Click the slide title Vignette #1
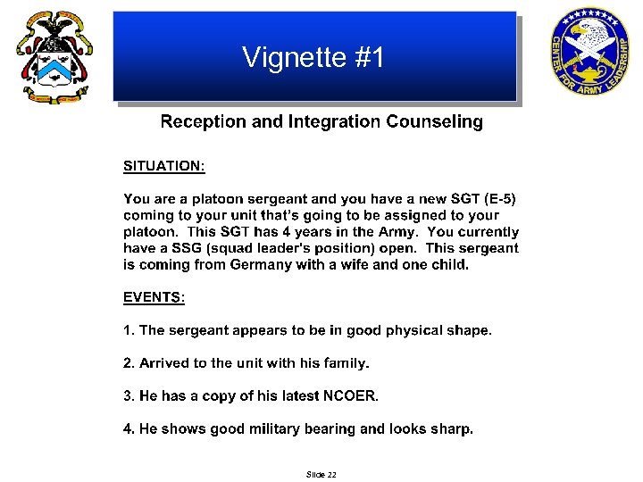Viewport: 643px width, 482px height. (313, 58)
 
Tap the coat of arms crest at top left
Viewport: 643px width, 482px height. (54, 58)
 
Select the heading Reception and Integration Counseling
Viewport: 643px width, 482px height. (321, 122)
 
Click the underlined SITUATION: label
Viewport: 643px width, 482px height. (164, 166)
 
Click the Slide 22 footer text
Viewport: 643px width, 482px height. (321, 475)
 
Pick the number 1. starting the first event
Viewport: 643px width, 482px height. (129, 330)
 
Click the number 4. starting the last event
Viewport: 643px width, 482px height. (129, 429)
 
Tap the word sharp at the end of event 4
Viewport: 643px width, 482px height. (454, 429)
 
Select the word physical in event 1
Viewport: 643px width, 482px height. (413, 330)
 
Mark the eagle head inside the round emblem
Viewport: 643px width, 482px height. (585, 38)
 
